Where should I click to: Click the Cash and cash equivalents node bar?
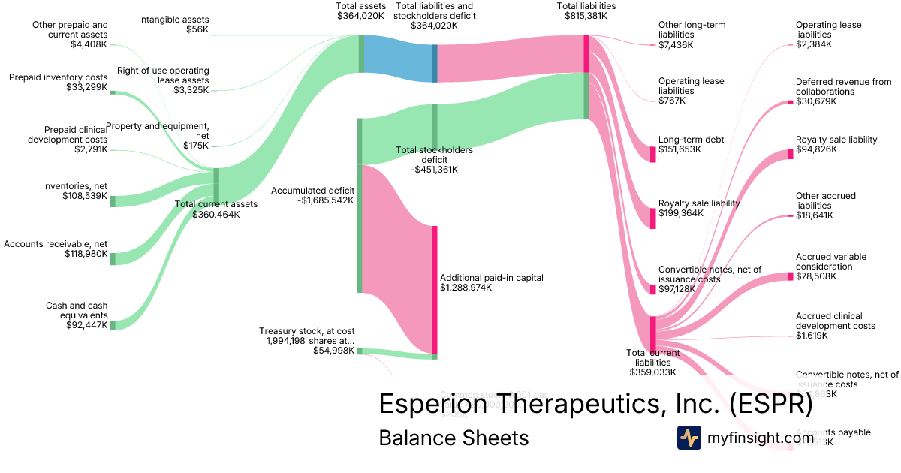pyautogui.click(x=113, y=325)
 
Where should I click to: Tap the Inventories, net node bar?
pyautogui.click(x=113, y=201)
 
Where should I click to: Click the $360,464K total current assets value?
pyautogui.click(x=216, y=215)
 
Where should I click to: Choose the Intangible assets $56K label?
pyautogui.click(x=174, y=25)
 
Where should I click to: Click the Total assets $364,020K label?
pyautogui.click(x=360, y=10)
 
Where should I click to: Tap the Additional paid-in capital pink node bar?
pyautogui.click(x=434, y=289)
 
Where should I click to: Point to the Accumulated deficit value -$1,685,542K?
pyautogui.click(x=325, y=200)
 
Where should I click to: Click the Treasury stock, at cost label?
pyautogui.click(x=306, y=330)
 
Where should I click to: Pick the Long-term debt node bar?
pyautogui.click(x=652, y=154)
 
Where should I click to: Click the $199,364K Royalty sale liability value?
pyautogui.click(x=681, y=213)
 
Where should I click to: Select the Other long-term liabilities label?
pyautogui.click(x=692, y=29)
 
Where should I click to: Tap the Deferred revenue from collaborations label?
pyautogui.click(x=843, y=87)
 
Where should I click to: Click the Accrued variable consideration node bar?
pyautogui.click(x=790, y=276)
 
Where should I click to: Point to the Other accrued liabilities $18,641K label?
pyautogui.click(x=825, y=206)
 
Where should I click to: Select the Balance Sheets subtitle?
pyautogui.click(x=454, y=438)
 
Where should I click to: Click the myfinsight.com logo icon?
pyautogui.click(x=689, y=438)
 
